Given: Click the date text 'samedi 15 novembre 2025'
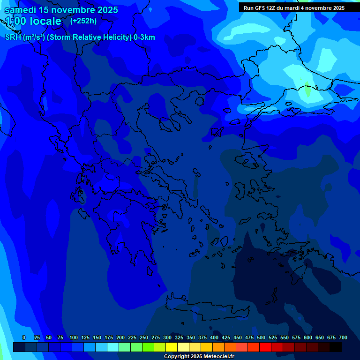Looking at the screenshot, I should click(x=61, y=10).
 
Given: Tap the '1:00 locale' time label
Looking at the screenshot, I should click(x=33, y=21).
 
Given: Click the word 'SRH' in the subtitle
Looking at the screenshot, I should click(x=13, y=37).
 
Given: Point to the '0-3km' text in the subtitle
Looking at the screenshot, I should click(x=144, y=37).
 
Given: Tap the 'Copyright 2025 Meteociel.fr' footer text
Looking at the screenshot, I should click(x=199, y=357).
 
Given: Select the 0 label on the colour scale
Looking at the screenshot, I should click(x=24, y=337).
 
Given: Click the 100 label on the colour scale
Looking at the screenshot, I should click(x=74, y=337).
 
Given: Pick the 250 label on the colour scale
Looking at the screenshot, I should click(x=144, y=337).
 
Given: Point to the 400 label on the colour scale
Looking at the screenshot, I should click(x=214, y=337).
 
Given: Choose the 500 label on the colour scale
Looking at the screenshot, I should click(x=261, y=337).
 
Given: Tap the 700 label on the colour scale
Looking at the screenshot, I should click(x=343, y=337).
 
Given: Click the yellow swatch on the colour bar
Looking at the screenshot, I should click(x=172, y=347).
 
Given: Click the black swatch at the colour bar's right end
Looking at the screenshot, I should click(x=336, y=347).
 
